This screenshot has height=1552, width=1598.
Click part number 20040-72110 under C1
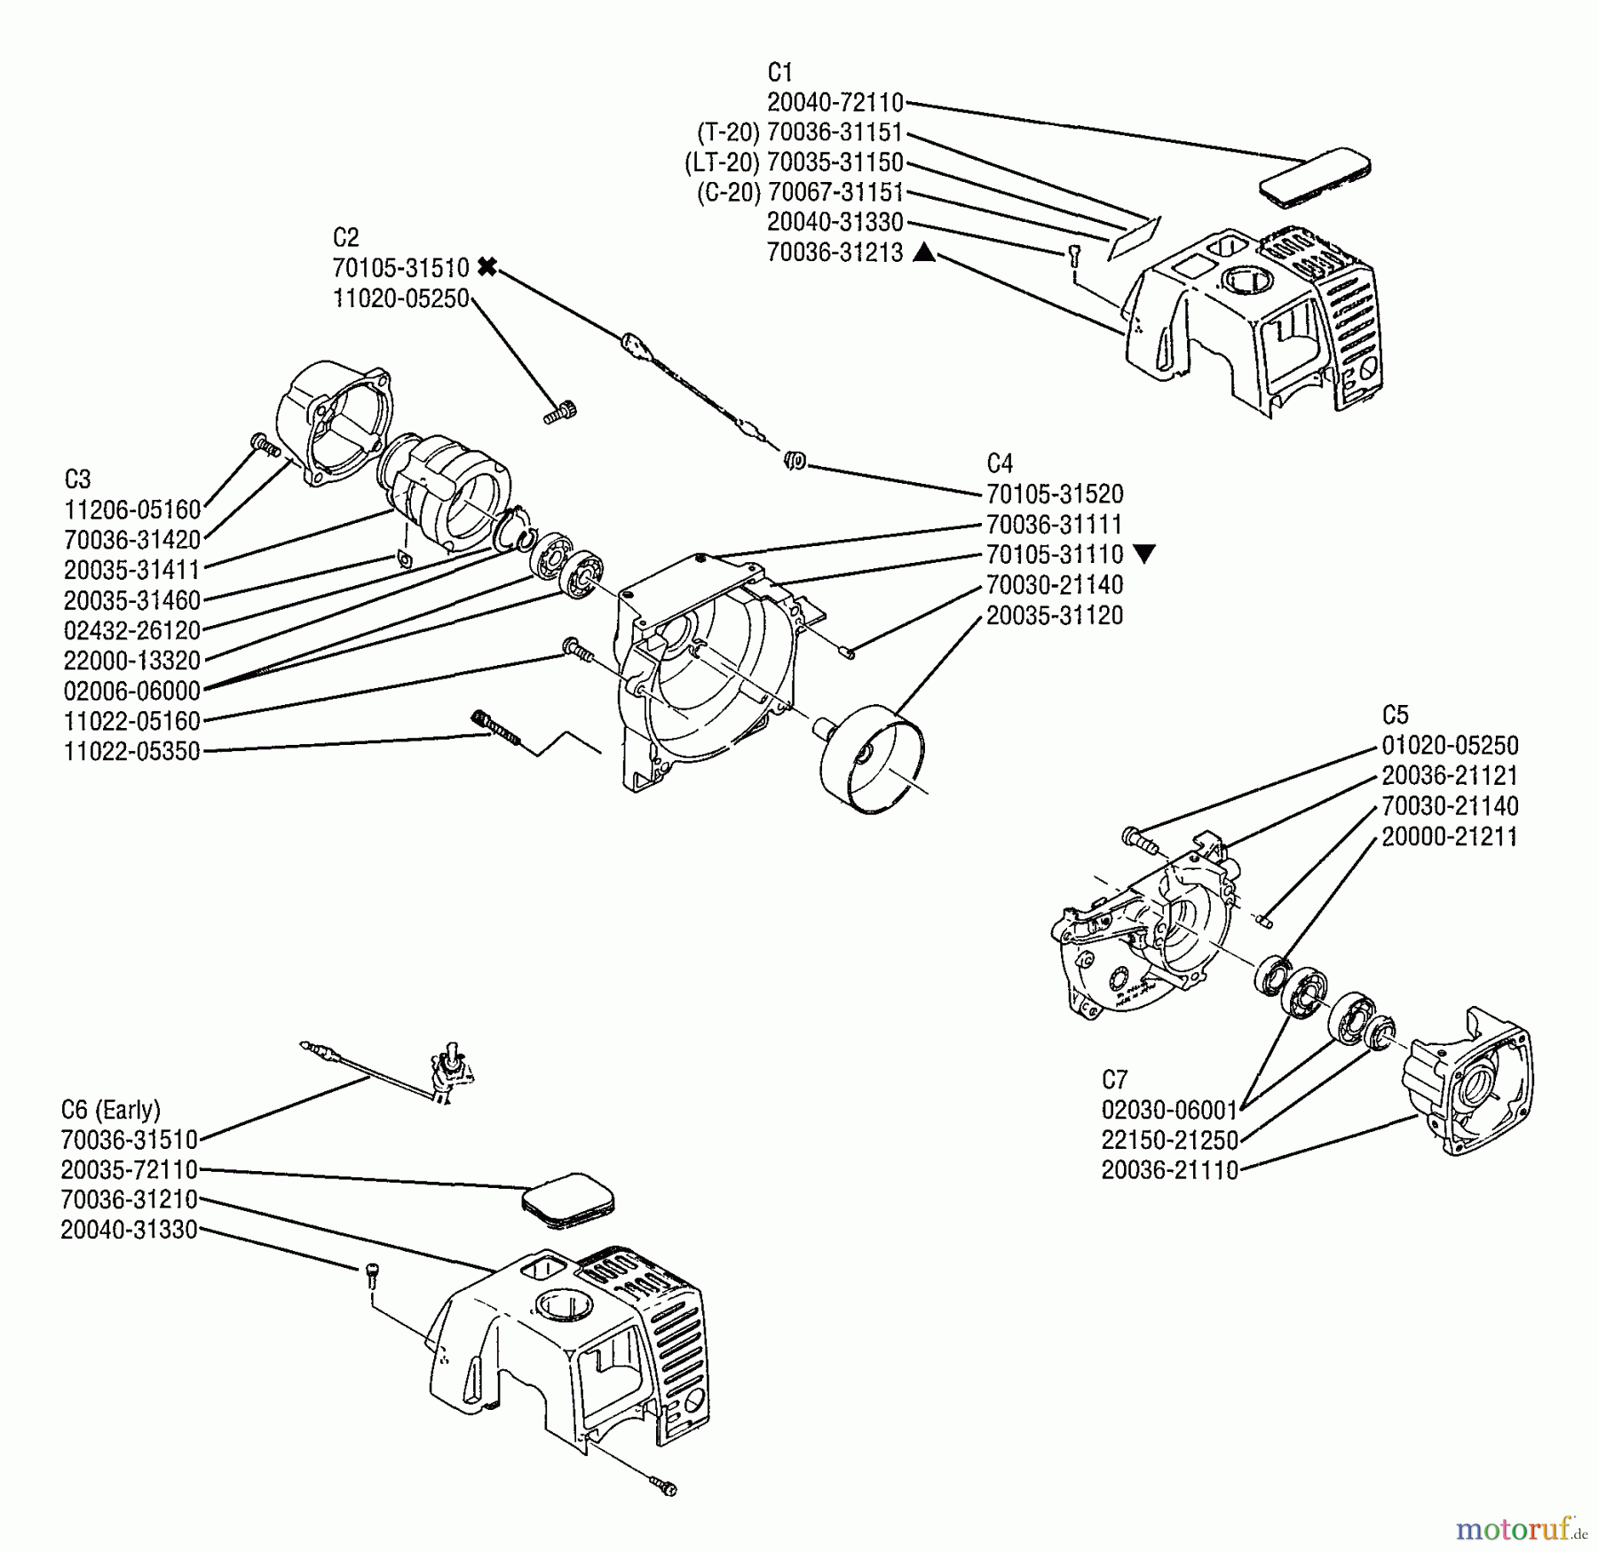835,102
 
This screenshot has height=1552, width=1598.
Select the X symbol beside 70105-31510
487,266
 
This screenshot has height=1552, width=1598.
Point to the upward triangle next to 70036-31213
924,252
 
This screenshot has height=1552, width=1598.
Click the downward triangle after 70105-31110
1144,555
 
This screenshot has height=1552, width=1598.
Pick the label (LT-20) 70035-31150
794,162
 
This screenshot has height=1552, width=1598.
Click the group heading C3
77,479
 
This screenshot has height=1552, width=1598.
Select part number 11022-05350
132,751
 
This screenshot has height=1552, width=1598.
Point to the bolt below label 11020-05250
559,412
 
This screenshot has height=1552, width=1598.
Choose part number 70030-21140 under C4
1055,585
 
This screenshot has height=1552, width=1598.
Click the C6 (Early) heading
111,1110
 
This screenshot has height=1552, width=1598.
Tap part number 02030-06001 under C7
1169,1110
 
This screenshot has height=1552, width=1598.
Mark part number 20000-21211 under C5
1450,836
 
